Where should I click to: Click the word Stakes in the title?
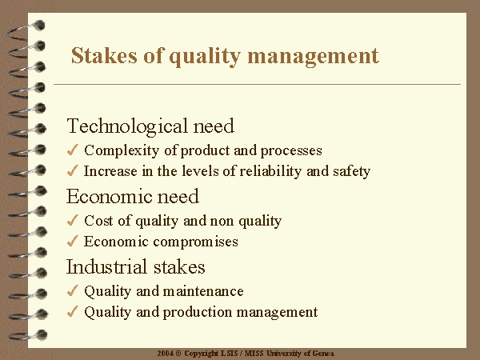coord(104,55)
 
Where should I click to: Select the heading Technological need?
coord(150,126)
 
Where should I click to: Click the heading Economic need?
coord(133,196)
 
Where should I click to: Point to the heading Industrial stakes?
coord(136,266)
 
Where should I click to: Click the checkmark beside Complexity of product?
coord(73,150)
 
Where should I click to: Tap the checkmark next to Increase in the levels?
coord(73,171)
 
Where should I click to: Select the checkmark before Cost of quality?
coord(73,220)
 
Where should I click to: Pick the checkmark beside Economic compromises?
coord(73,242)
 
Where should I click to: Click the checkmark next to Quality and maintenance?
coord(73,290)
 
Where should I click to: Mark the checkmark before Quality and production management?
coord(73,312)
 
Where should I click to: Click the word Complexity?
coord(122,151)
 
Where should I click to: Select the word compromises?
coord(195,242)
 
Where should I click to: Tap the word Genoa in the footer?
coord(323,354)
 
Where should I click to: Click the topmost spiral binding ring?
coord(27,31)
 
